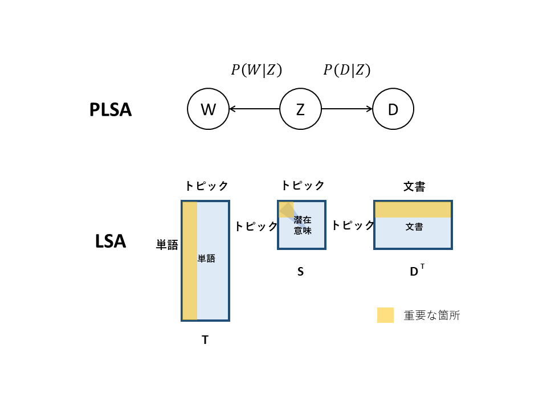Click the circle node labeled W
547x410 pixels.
coord(208,109)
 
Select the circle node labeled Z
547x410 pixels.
coord(300,109)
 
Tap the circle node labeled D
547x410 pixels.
coord(393,109)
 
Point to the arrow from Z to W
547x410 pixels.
coord(254,109)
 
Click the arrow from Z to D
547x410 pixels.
coord(347,109)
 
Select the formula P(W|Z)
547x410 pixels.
coord(256,70)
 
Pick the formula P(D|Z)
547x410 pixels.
coord(347,70)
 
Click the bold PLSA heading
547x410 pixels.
coord(111,110)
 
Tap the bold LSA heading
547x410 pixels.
coord(111,241)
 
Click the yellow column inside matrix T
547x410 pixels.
coord(190,261)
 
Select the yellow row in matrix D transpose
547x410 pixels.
coord(413,210)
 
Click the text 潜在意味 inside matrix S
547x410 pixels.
coord(303,225)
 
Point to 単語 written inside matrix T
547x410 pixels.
coord(206,259)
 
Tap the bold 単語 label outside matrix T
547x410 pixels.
coord(167,245)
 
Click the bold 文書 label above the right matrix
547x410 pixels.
coord(414,186)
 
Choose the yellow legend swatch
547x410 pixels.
coord(385,315)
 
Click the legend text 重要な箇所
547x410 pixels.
coord(431,315)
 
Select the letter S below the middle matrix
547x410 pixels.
coord(300,272)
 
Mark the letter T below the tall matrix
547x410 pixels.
coord(205,340)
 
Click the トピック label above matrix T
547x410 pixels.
coord(206,186)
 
